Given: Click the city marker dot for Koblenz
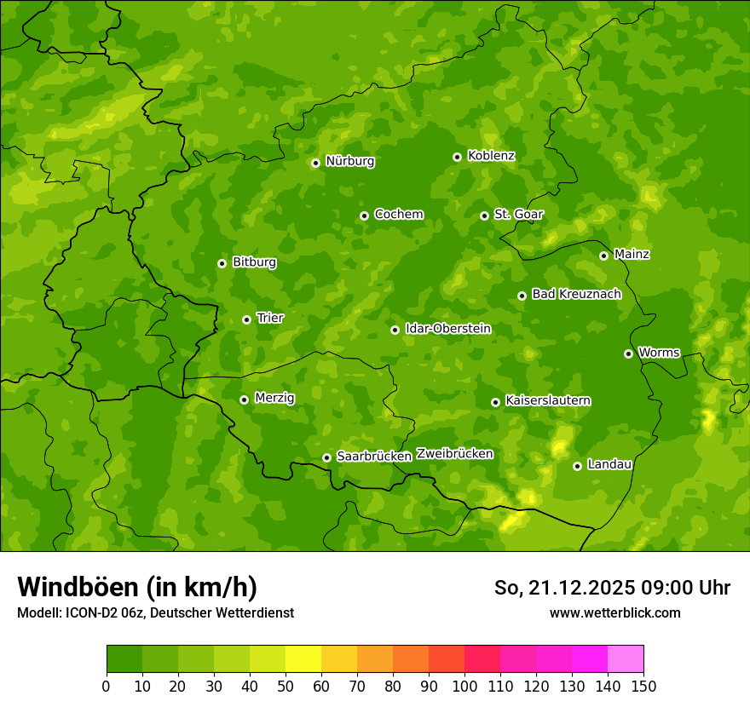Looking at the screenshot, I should point(457,157).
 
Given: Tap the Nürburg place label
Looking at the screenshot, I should point(349,161).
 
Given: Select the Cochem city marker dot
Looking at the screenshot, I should point(364,216).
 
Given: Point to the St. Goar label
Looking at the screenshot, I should point(518,215).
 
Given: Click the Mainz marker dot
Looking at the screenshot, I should point(603,256).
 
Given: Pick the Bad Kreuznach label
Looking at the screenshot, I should point(576,294).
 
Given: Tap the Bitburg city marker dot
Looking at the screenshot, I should point(222,263).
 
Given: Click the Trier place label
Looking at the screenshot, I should point(270,318).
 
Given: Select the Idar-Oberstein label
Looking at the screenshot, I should point(448,329).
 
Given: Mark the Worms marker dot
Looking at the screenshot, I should point(628,353).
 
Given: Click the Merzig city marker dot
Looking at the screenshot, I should point(244,399).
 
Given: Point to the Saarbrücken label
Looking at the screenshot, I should point(374,457).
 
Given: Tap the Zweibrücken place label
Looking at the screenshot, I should point(454,454).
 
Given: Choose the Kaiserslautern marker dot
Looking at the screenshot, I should point(495,402).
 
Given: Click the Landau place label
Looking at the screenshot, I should point(609,464).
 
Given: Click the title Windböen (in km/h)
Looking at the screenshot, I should point(137,587).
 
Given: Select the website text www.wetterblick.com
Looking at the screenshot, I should point(614,612).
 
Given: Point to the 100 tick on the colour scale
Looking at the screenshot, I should point(464,686).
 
